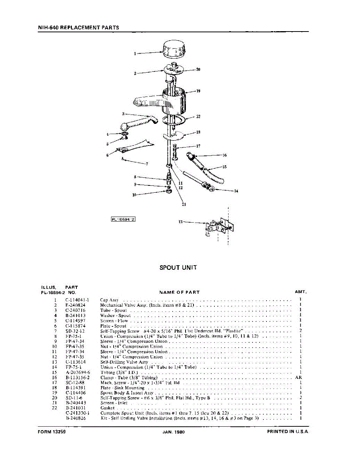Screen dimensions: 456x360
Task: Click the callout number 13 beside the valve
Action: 181,222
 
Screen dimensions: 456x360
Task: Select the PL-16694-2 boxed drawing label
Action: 123,219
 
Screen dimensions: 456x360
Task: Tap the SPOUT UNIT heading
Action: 178,268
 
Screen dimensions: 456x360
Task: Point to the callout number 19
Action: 198,91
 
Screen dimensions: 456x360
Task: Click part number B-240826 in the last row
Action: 76,418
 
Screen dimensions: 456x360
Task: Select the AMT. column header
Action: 301,292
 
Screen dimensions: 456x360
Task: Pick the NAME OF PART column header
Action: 179,292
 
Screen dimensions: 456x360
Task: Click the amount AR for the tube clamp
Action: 298,378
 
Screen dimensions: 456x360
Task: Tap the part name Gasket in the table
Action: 107,408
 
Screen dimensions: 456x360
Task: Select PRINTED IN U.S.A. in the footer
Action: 288,432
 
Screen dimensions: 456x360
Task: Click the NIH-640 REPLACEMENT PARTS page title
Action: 79,27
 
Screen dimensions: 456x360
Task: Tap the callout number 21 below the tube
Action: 184,204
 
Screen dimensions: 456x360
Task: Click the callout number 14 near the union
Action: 236,191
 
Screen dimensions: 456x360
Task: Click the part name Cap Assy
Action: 109,300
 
